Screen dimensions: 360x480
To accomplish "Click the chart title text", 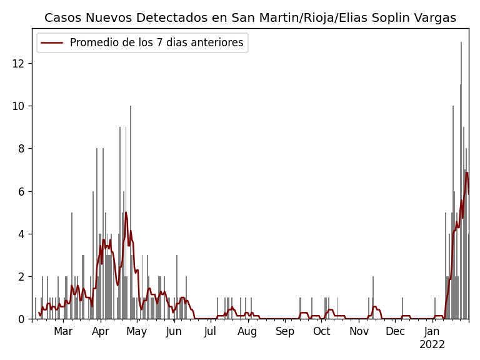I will click(250, 18).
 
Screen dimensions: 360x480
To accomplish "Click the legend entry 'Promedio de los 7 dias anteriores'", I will click(156, 43).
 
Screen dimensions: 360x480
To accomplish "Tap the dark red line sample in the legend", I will click(52, 43).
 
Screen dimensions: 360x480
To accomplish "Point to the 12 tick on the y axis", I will click(18, 63).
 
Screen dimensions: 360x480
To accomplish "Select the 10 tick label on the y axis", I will click(18, 106).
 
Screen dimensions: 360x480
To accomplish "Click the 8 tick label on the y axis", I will click(21, 149).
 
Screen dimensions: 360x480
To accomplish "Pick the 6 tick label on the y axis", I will click(21, 191).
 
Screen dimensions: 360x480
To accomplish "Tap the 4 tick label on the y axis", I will click(21, 234).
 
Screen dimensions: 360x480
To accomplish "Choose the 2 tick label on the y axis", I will click(21, 276).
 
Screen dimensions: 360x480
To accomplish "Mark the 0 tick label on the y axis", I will click(21, 319).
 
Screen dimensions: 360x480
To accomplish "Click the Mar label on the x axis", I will click(63, 332).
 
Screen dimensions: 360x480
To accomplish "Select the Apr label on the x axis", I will click(101, 332).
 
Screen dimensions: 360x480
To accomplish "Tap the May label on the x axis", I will click(137, 332).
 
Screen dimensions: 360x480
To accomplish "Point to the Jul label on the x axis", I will click(211, 332).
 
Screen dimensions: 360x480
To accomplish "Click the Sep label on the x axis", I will click(285, 332).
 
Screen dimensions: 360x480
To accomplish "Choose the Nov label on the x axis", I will click(359, 332).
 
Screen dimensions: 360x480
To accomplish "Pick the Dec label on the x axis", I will click(395, 332).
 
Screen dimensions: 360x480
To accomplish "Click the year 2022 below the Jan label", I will click(432, 345).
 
